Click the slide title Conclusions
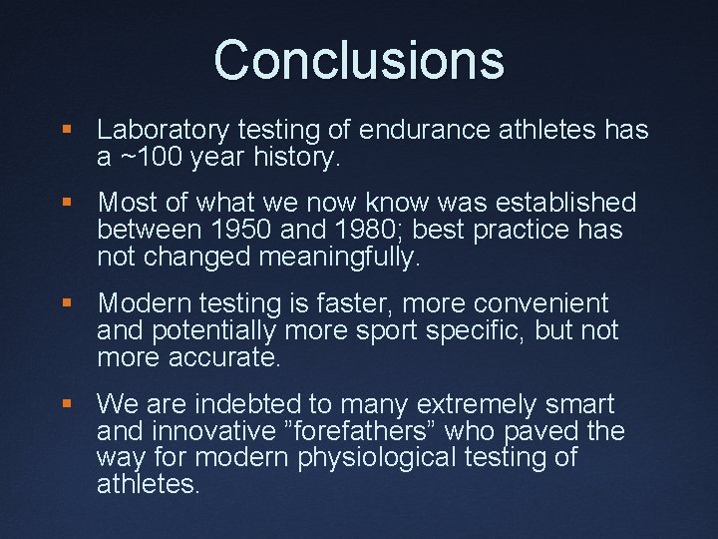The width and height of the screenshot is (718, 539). pos(359,60)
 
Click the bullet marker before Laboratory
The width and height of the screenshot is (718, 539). pos(67,131)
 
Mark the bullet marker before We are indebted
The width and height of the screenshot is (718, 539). pos(67,404)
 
